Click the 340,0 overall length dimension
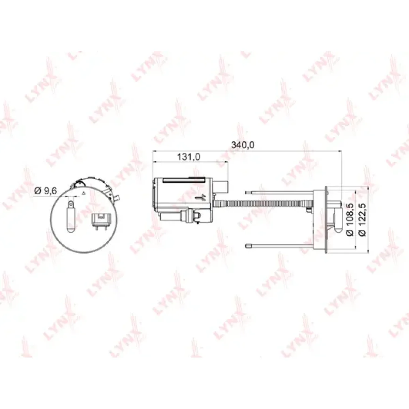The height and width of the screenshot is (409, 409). click(x=243, y=145)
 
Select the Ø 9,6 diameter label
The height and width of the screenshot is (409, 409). click(x=45, y=191)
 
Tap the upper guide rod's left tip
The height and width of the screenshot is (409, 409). click(x=246, y=193)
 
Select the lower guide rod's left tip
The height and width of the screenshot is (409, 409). click(x=247, y=246)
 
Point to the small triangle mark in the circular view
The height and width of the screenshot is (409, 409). click(x=84, y=193)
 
